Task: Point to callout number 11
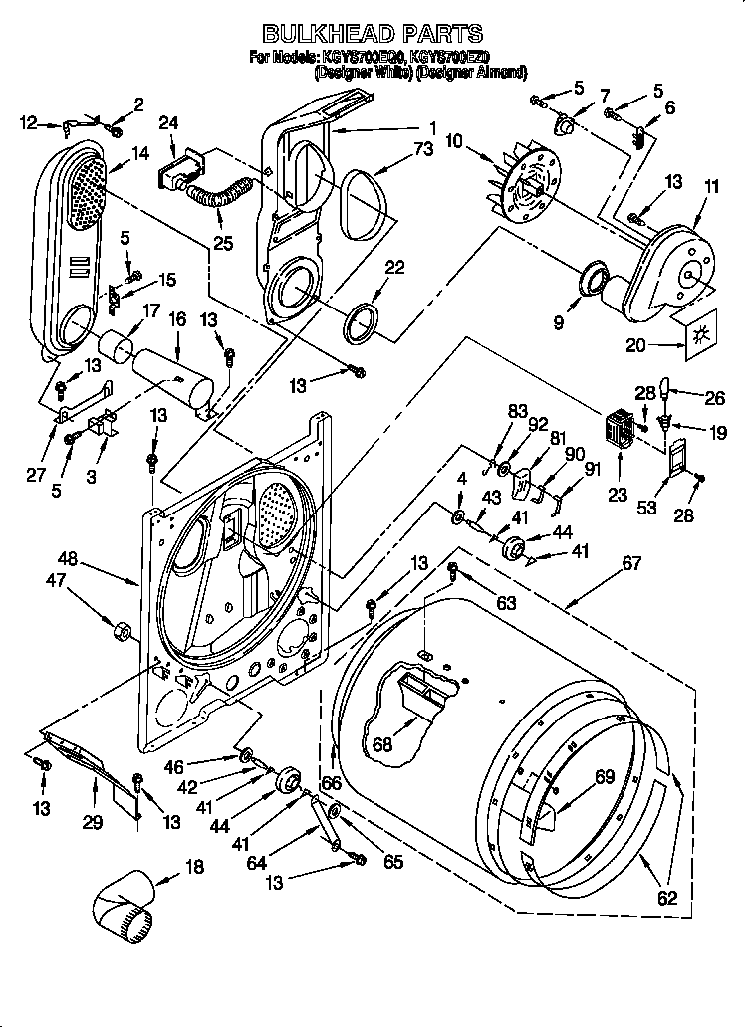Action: [x=710, y=185]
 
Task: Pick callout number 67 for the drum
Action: [x=630, y=564]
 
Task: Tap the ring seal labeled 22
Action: [x=361, y=322]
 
